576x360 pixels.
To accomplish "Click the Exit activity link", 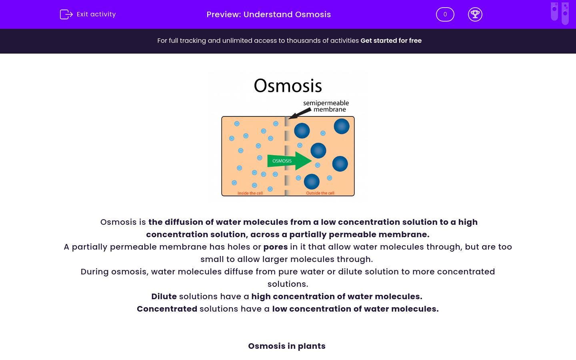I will pos(96,14).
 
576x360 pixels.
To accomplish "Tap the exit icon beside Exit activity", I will pos(66,14).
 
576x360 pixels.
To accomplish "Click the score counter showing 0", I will pos(445,14).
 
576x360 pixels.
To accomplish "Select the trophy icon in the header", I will pos(475,14).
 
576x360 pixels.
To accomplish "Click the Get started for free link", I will pos(391,41).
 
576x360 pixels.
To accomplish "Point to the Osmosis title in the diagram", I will pos(288,86).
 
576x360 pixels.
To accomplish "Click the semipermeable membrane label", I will pos(326,106).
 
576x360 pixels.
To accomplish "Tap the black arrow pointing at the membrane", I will pos(300,114).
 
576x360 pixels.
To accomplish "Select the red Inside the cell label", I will pos(250,193).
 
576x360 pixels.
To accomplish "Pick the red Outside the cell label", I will pos(320,193).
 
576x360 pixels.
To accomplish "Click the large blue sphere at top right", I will pos(342,126).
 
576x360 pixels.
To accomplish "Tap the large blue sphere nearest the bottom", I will pos(312,182).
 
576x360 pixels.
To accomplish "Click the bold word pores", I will pos(276,247).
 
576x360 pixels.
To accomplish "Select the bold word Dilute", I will pos(164,296).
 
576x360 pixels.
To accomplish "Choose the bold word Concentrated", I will pos(167,309).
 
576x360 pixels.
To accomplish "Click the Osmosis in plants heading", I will pos(287,346).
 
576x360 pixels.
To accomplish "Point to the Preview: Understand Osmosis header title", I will pos(269,14).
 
